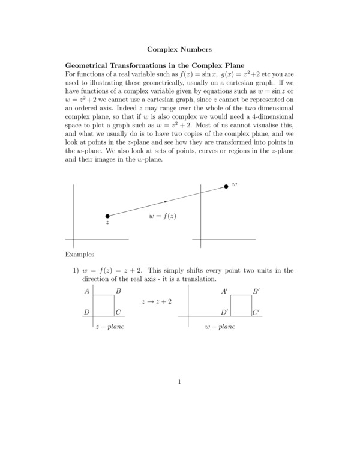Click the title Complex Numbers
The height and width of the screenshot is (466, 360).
179,47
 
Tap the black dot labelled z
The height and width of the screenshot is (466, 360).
107,216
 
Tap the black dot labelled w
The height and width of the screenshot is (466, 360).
226,186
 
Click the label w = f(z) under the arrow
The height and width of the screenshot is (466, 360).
163,216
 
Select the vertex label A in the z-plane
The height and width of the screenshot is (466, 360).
88,291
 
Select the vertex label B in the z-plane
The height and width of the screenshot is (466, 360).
119,291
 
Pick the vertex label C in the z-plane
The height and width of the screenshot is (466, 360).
119,312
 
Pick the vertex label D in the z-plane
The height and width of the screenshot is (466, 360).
88,312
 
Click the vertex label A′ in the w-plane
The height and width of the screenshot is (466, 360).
224,291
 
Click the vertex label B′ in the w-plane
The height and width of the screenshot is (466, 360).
256,291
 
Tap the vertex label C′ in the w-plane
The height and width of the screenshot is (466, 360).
256,312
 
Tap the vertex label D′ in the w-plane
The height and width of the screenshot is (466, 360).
224,312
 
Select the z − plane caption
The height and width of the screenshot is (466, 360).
110,327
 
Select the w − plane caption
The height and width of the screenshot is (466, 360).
220,327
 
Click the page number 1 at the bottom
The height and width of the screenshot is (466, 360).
179,381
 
